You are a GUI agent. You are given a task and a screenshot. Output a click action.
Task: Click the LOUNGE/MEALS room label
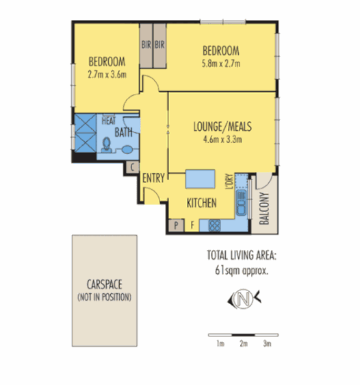click(x=224, y=127)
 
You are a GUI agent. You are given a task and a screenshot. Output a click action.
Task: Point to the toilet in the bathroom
click(x=106, y=144)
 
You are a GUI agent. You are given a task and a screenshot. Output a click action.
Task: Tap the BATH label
click(x=124, y=132)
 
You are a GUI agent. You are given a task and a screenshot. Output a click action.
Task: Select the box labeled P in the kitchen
click(x=175, y=224)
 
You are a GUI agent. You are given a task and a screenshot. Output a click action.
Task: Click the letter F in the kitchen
click(x=193, y=224)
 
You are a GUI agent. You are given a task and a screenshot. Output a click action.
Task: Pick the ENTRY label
click(x=153, y=178)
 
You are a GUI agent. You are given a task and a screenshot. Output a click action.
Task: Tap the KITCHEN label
click(x=202, y=203)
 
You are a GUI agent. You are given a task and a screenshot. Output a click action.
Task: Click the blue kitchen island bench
click(x=203, y=179)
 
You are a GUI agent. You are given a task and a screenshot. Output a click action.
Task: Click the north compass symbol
click(x=242, y=299)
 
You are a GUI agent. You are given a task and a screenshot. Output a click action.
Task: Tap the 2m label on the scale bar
click(x=243, y=344)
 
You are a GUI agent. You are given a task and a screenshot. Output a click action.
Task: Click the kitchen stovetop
click(x=214, y=223)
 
